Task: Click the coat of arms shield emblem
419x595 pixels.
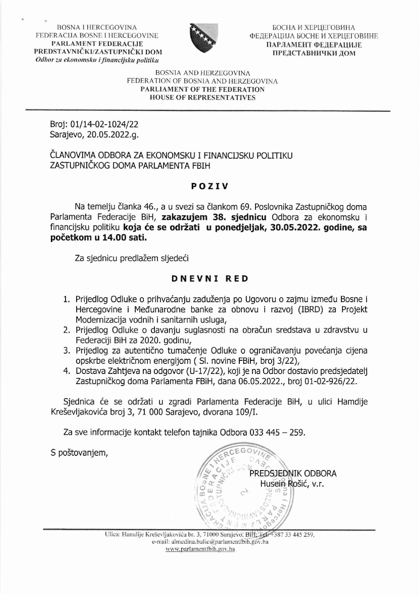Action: pos(203,38)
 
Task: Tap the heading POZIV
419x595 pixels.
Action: pos(209,186)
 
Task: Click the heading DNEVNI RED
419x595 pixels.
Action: pos(210,279)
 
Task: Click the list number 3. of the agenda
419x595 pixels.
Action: pos(67,351)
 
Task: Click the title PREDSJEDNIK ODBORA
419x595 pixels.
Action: pos(293,473)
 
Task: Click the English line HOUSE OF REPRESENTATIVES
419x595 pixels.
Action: pos(202,98)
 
